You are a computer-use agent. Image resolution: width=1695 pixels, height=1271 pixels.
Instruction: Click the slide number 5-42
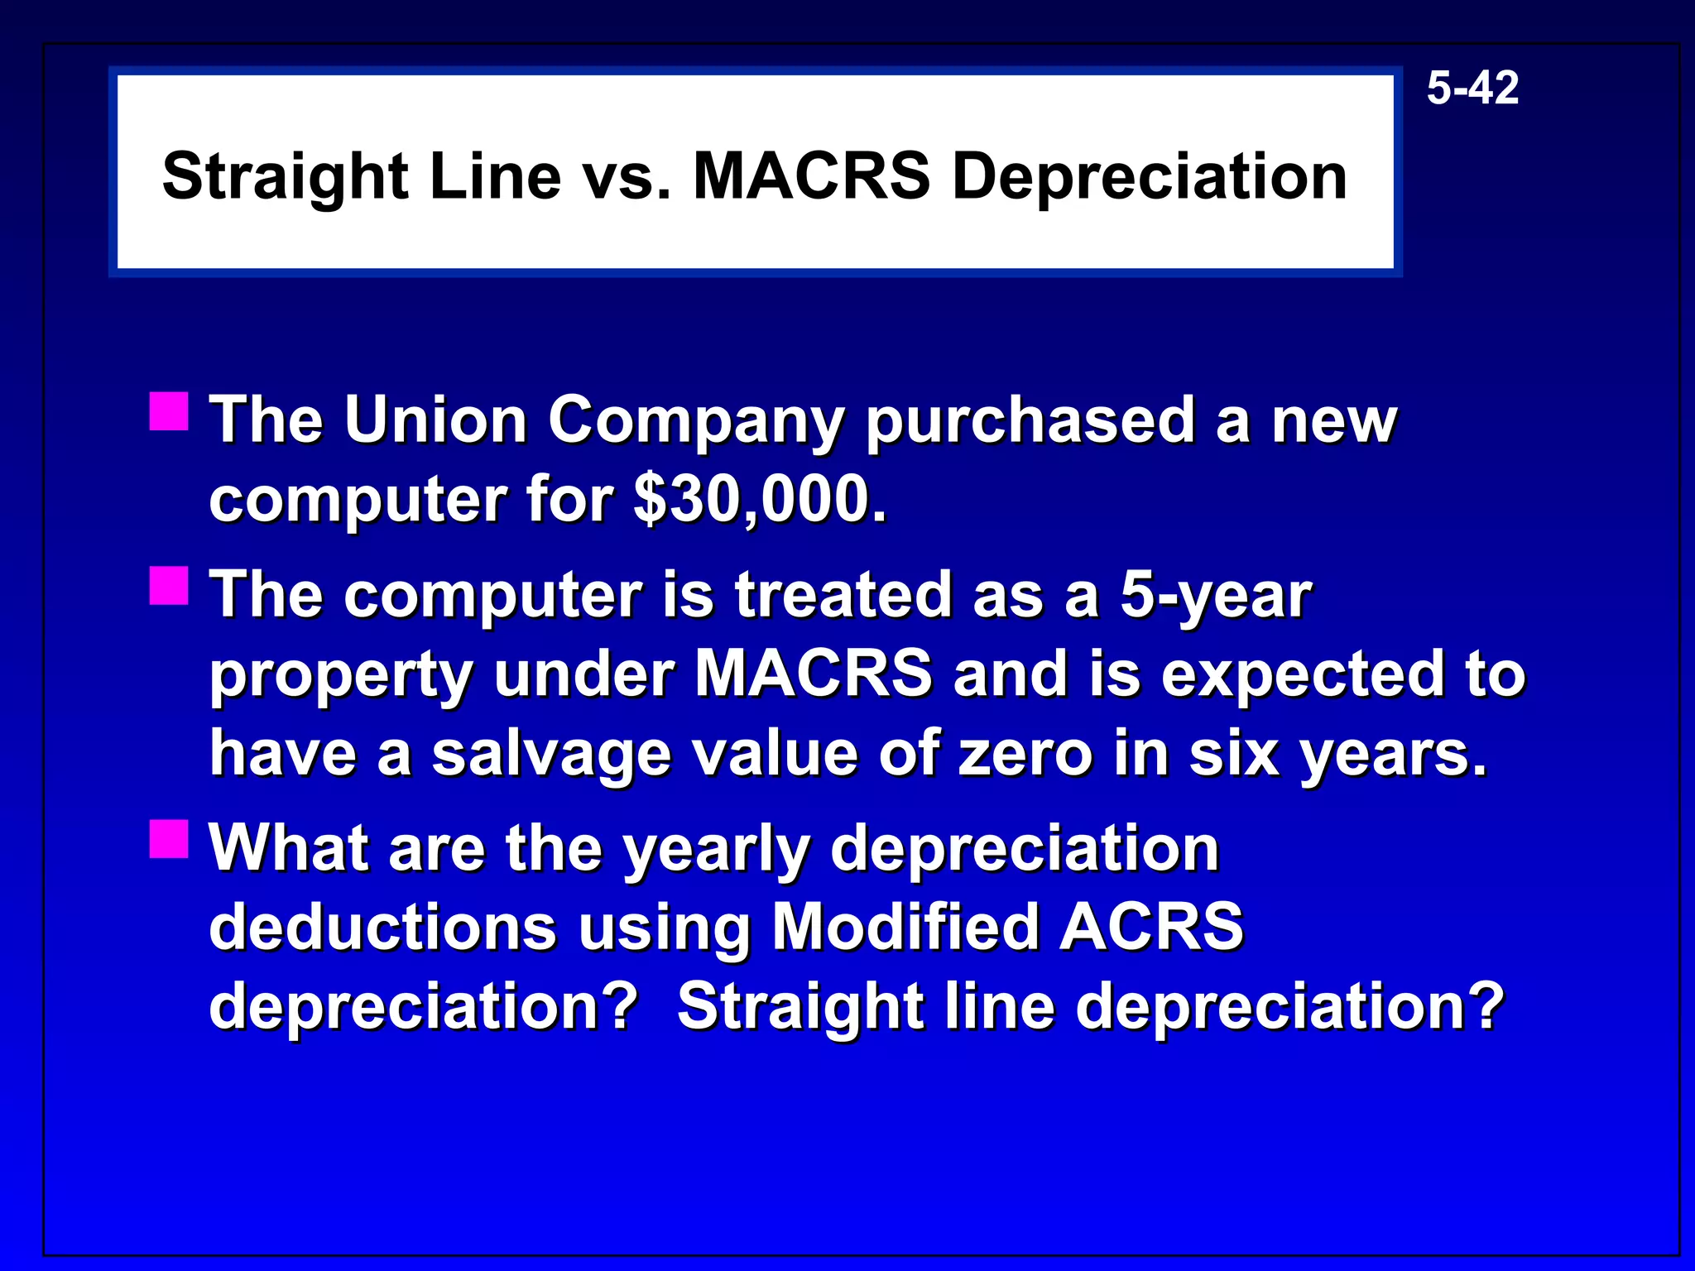[x=1472, y=88]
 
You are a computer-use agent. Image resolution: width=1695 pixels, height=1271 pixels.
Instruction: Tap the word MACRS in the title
[x=811, y=176]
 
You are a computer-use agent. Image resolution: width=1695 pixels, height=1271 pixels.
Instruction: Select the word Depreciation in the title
[x=1150, y=176]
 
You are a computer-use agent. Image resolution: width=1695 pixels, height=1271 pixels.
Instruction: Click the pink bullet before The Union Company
[x=170, y=411]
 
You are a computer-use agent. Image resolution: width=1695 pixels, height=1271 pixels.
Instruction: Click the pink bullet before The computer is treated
[x=170, y=586]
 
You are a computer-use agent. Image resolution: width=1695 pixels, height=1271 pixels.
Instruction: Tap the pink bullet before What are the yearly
[x=170, y=839]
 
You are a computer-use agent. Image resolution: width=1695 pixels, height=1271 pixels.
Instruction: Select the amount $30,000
[x=760, y=500]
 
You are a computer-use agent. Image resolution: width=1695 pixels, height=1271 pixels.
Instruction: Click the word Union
[x=435, y=420]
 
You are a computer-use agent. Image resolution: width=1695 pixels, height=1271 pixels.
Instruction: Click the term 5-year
[x=1215, y=596]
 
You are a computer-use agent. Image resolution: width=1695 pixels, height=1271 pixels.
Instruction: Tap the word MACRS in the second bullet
[x=814, y=674]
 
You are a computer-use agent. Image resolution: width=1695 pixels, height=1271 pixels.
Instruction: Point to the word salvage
[x=551, y=755]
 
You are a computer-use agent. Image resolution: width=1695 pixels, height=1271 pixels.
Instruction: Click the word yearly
[x=716, y=851]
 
